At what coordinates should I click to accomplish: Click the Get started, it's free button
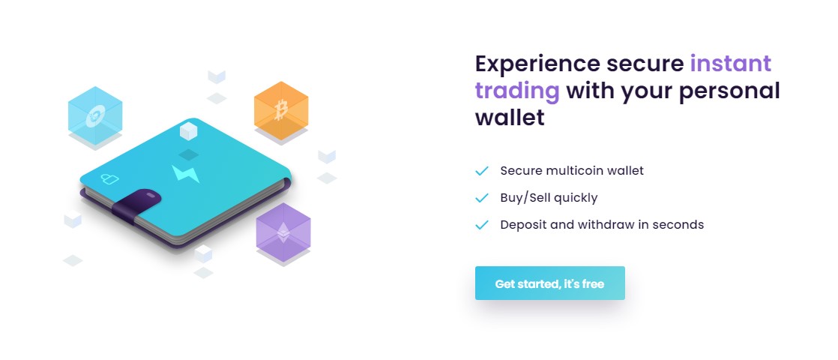(550, 283)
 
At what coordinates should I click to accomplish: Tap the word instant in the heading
(731, 63)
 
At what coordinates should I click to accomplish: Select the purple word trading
(516, 91)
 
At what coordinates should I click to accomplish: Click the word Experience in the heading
(537, 64)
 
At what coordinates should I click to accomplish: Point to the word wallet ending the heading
(509, 117)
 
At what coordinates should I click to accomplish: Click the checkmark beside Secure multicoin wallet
(481, 171)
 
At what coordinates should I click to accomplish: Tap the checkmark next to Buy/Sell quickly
(481, 198)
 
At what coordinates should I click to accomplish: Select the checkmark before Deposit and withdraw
(481, 225)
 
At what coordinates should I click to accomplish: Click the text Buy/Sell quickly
(549, 198)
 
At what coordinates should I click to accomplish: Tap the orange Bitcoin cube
(281, 110)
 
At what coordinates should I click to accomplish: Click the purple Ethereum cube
(283, 232)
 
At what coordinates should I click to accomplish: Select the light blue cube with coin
(95, 115)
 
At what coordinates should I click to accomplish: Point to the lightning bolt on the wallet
(185, 173)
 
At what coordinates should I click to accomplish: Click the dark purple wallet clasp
(137, 205)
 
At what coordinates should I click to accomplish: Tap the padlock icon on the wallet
(109, 178)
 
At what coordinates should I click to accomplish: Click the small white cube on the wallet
(188, 131)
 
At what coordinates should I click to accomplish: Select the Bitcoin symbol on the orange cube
(281, 109)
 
